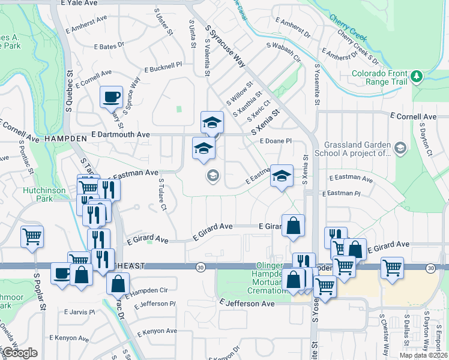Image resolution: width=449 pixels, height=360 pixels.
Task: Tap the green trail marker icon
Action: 417,77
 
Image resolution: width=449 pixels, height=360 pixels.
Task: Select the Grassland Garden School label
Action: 357,148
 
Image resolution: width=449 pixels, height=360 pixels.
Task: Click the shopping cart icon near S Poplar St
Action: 32,235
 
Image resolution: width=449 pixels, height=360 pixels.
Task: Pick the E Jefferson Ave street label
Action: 247,304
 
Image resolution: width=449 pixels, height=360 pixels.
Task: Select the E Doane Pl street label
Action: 276,140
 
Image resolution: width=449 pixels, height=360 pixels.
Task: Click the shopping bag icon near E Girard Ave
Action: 293,226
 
